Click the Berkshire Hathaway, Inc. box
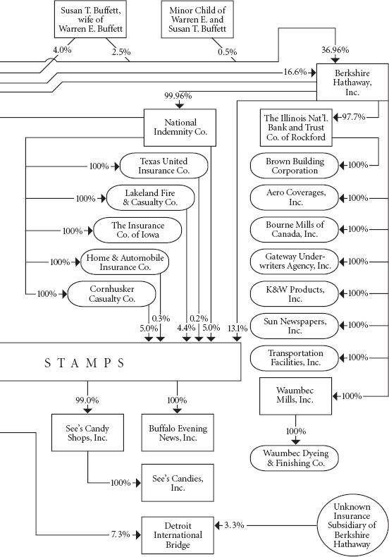tap(352, 82)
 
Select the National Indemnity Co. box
tap(180, 127)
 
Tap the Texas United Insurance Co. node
tap(163, 166)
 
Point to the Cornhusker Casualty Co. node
tap(111, 294)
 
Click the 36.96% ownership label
tap(335, 50)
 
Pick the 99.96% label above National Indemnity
tap(178, 96)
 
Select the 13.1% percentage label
tap(237, 329)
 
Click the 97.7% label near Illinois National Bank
tap(354, 117)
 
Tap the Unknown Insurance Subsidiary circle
tap(352, 525)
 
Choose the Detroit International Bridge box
tap(178, 535)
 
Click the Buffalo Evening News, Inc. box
tap(178, 433)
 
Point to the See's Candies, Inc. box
tap(178, 483)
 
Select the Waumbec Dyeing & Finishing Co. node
tap(295, 458)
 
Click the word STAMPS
tap(84, 362)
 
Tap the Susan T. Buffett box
tap(90, 19)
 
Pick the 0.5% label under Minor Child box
tap(227, 52)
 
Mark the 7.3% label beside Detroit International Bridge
tap(121, 534)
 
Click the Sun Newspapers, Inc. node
tap(295, 326)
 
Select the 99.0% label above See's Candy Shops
tap(87, 400)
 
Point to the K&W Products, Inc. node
tap(295, 294)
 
